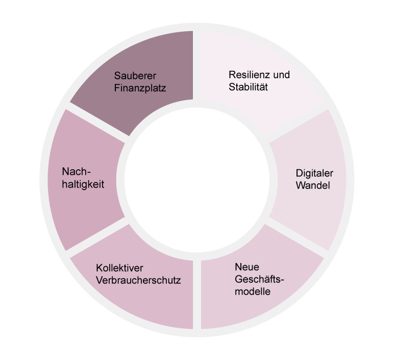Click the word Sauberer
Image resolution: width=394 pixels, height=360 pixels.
pos(135,75)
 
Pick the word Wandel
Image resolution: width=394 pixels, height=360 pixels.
pos(313,185)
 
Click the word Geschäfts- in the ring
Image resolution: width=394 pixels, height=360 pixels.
pos(259,280)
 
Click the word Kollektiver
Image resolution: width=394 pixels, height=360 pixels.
pos(120,268)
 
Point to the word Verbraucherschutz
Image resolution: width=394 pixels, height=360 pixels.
pos(138,280)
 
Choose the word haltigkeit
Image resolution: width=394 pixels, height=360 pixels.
pos(83,184)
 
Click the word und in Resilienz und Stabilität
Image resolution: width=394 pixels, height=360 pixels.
pos(281,75)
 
